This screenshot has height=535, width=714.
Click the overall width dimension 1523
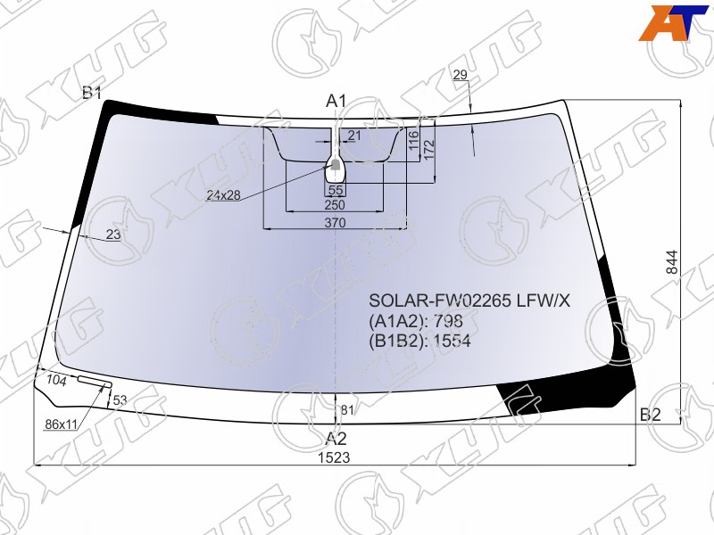coord(334,457)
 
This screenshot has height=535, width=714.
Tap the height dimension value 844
coord(672,262)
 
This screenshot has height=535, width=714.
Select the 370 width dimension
coord(336,223)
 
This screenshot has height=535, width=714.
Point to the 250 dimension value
coord(335,205)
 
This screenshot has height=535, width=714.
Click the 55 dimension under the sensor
coord(336,190)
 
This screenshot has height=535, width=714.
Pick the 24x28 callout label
coord(223,195)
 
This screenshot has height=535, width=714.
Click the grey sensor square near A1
coord(335,164)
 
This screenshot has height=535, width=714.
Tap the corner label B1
coord(92,93)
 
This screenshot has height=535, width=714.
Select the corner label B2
coord(651,415)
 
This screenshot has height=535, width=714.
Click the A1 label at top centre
coord(336,101)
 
